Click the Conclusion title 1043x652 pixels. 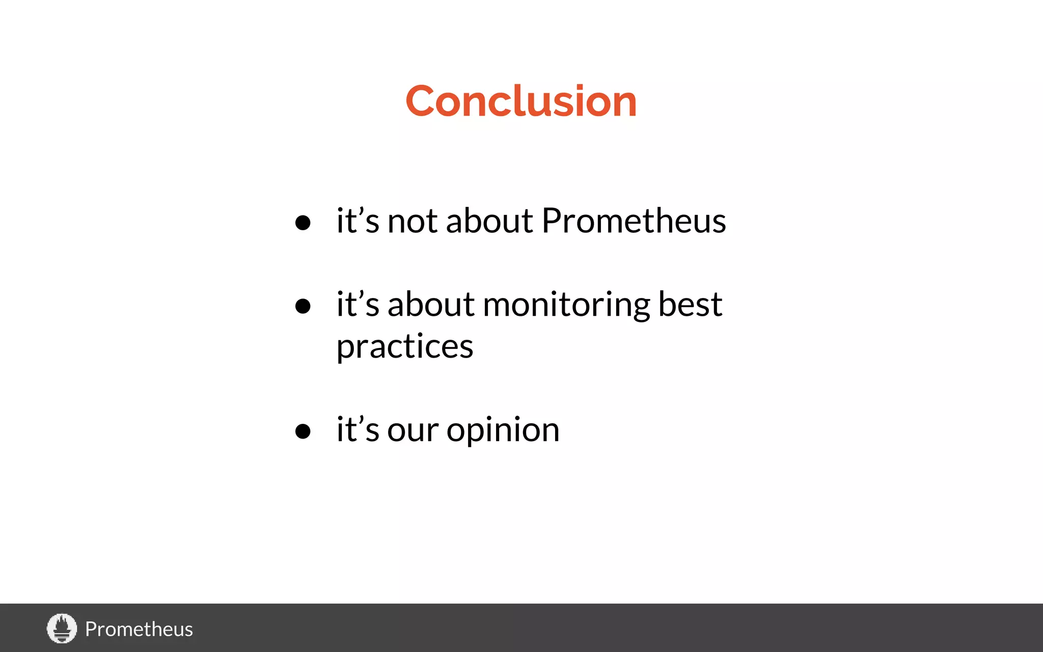click(521, 101)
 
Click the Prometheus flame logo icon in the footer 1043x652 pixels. click(62, 628)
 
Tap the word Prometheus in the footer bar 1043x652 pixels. click(139, 629)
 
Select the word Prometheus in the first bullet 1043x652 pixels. click(634, 221)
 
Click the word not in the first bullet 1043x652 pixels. click(413, 222)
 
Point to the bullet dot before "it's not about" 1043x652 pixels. click(303, 223)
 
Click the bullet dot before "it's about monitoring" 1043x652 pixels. click(303, 306)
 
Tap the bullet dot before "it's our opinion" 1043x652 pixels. click(303, 431)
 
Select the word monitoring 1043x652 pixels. click(566, 306)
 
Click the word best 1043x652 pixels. click(690, 305)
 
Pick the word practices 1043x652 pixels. click(405, 347)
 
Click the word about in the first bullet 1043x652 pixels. click(489, 221)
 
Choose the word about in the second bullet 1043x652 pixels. click(431, 305)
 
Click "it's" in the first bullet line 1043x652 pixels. click(358, 221)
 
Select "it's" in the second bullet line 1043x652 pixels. click(358, 305)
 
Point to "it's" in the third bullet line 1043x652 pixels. click(358, 430)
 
